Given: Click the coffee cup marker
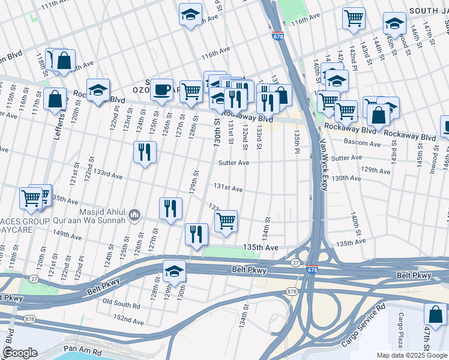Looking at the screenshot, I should [161, 89].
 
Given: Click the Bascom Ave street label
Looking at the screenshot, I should [362, 143].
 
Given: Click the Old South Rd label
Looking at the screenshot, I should [121, 302].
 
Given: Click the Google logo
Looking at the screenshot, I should [20, 353].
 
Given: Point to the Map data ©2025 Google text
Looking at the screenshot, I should [412, 355].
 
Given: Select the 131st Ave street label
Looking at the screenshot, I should [228, 189].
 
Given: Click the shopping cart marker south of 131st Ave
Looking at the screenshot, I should [226, 221].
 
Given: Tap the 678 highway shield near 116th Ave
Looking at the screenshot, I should [277, 36].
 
